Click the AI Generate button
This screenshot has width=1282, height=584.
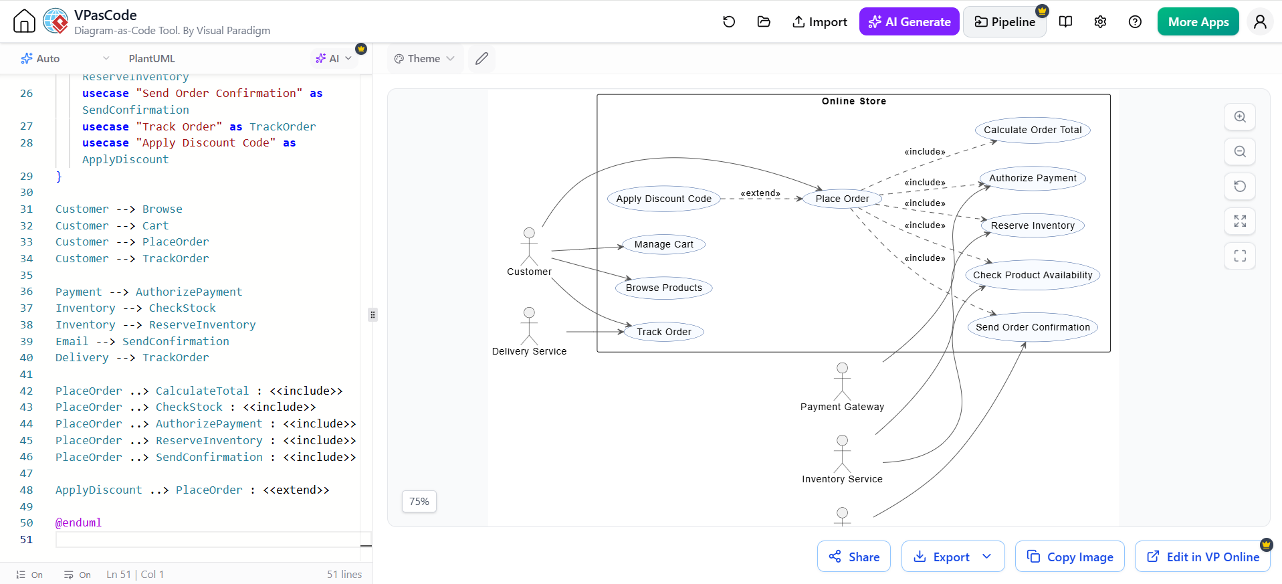pyautogui.click(x=909, y=22)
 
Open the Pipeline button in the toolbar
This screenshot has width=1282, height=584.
pyautogui.click(x=1004, y=22)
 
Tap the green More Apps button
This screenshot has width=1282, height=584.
pyautogui.click(x=1198, y=22)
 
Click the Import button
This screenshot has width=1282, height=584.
pyautogui.click(x=819, y=22)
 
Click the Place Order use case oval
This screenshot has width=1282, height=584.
pyautogui.click(x=842, y=199)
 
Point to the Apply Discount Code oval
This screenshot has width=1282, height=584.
pyautogui.click(x=663, y=199)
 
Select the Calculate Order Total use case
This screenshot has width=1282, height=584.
pyautogui.click(x=1033, y=130)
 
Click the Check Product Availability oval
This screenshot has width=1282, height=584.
pyautogui.click(x=1033, y=275)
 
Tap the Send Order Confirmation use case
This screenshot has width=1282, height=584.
pyautogui.click(x=1033, y=327)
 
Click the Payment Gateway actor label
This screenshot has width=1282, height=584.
pyautogui.click(x=842, y=407)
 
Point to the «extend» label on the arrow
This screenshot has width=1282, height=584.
pyautogui.click(x=760, y=193)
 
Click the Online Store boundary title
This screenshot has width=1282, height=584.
pyautogui.click(x=854, y=101)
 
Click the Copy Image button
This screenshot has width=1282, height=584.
pyautogui.click(x=1070, y=557)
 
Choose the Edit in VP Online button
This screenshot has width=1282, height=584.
pyautogui.click(x=1202, y=557)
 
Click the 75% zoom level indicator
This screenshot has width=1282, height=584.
pyautogui.click(x=419, y=501)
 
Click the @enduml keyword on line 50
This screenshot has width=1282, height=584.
pyautogui.click(x=78, y=522)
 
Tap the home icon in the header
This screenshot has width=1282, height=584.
pyautogui.click(x=24, y=21)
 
